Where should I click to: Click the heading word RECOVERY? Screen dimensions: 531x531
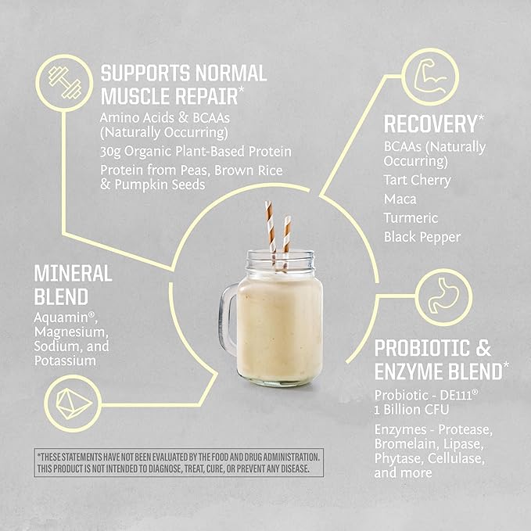click(429, 123)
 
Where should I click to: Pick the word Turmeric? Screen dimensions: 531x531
click(411, 217)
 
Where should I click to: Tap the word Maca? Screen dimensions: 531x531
click(400, 199)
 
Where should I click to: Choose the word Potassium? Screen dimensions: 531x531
click(66, 361)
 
